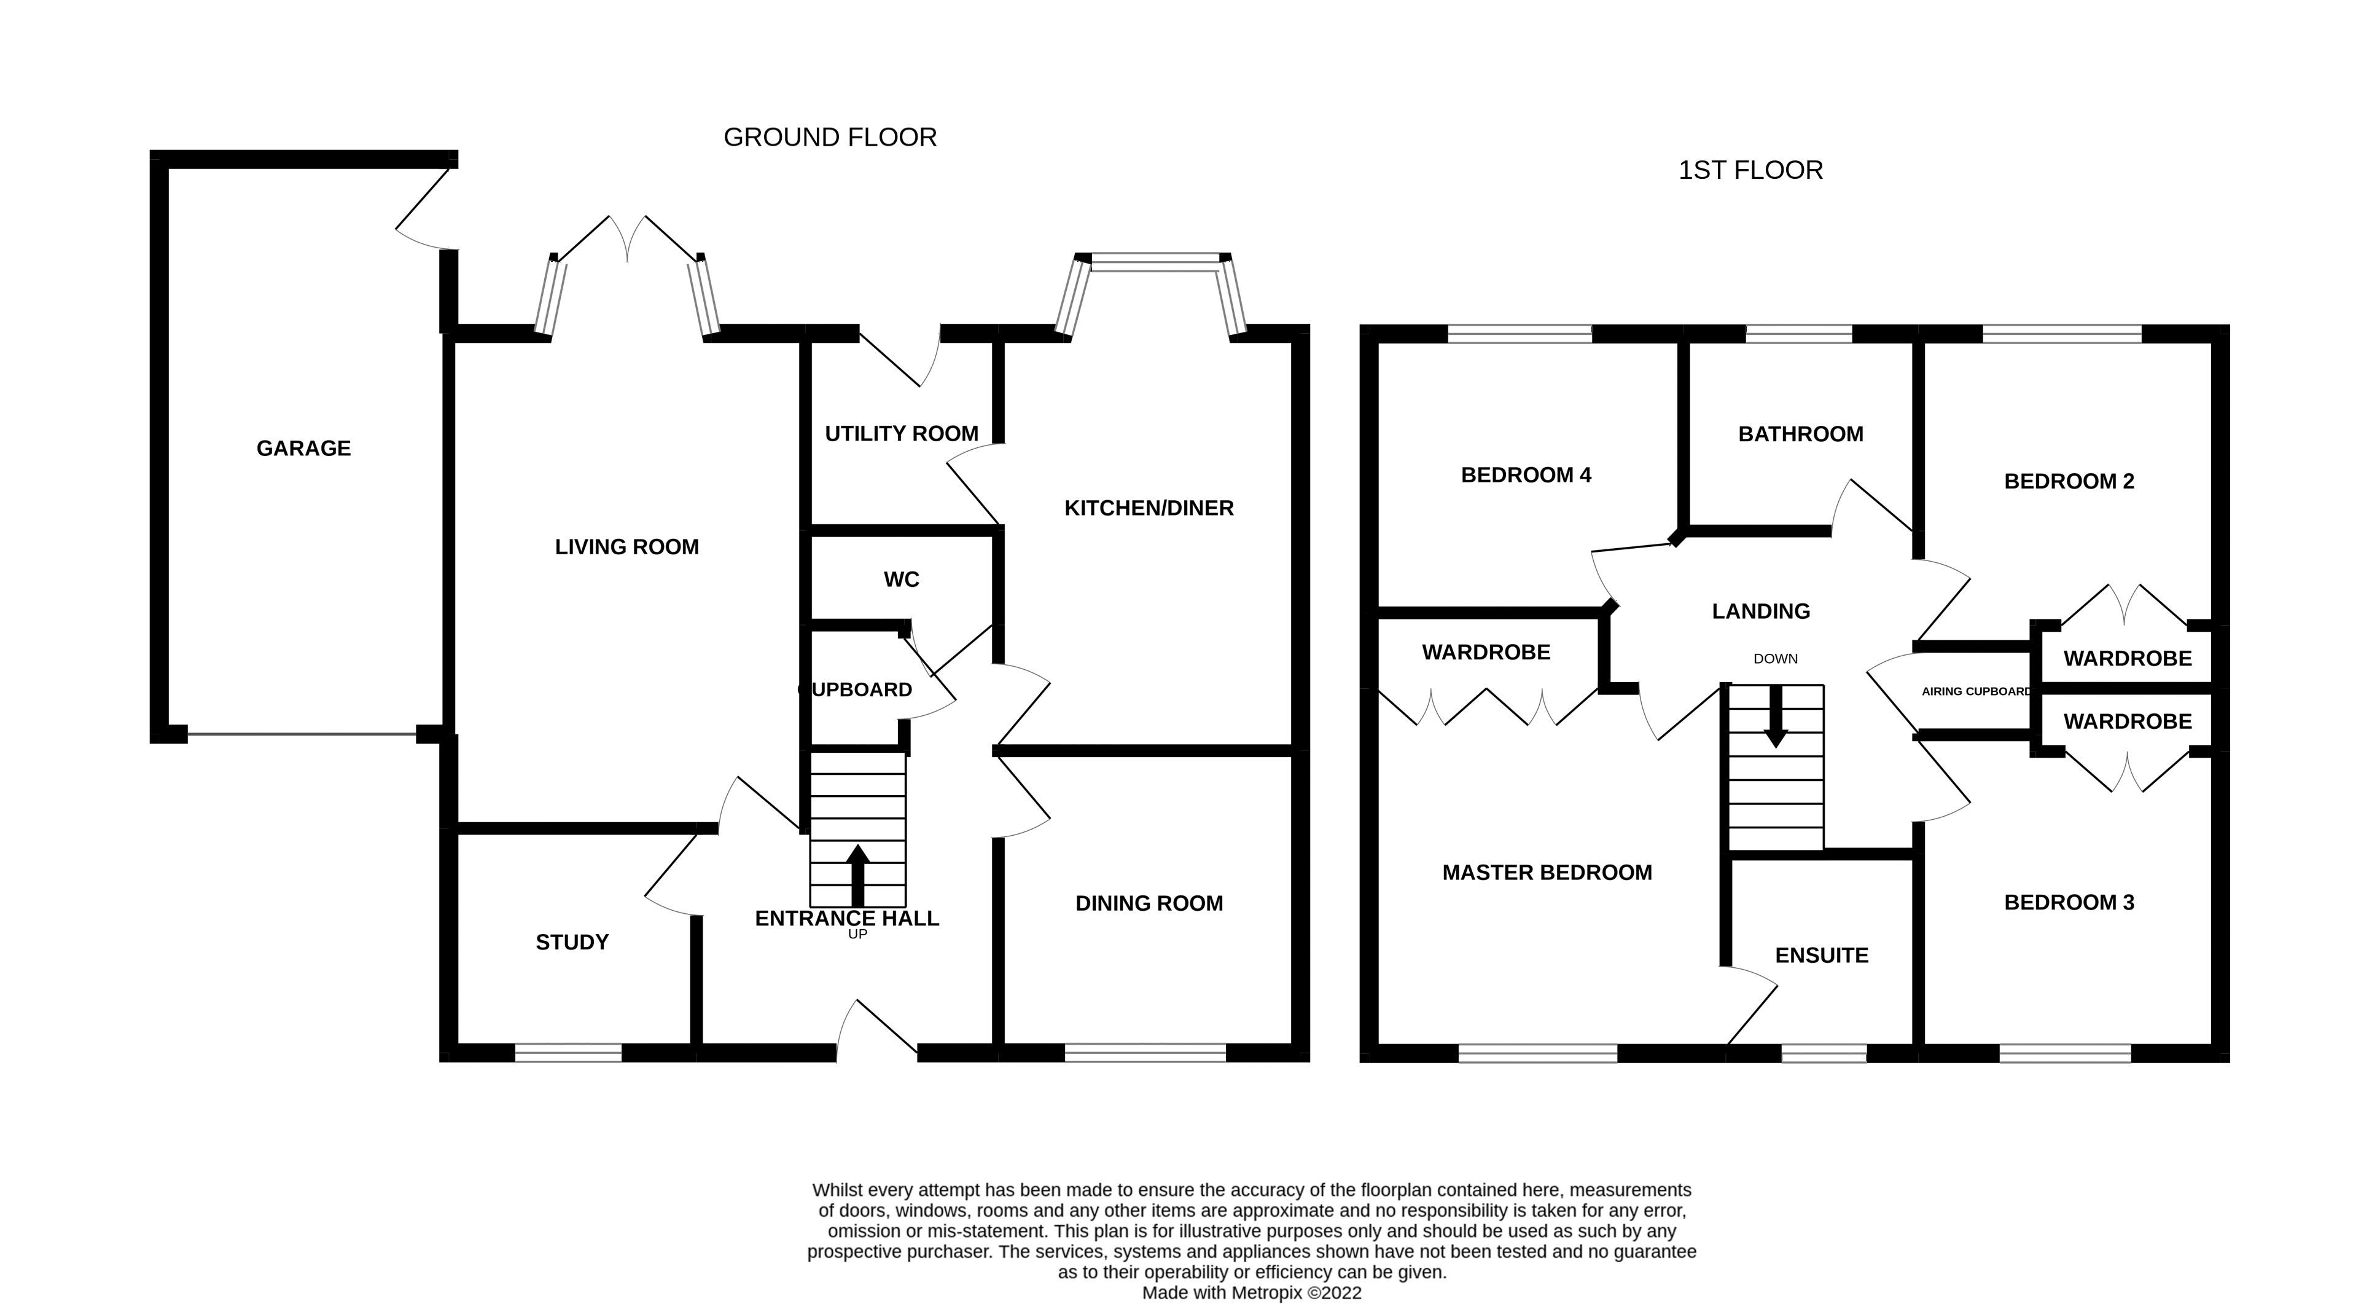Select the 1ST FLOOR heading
coord(1750,171)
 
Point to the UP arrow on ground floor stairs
coord(857,873)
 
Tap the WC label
coord(901,579)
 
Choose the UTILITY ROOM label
coord(901,433)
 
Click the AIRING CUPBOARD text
coord(1975,691)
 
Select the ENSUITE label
coord(1821,956)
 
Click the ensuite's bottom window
coord(1823,1053)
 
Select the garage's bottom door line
coord(301,735)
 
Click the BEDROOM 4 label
coord(1526,475)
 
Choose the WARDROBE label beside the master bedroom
coord(1486,653)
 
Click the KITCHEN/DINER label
coord(1149,508)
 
